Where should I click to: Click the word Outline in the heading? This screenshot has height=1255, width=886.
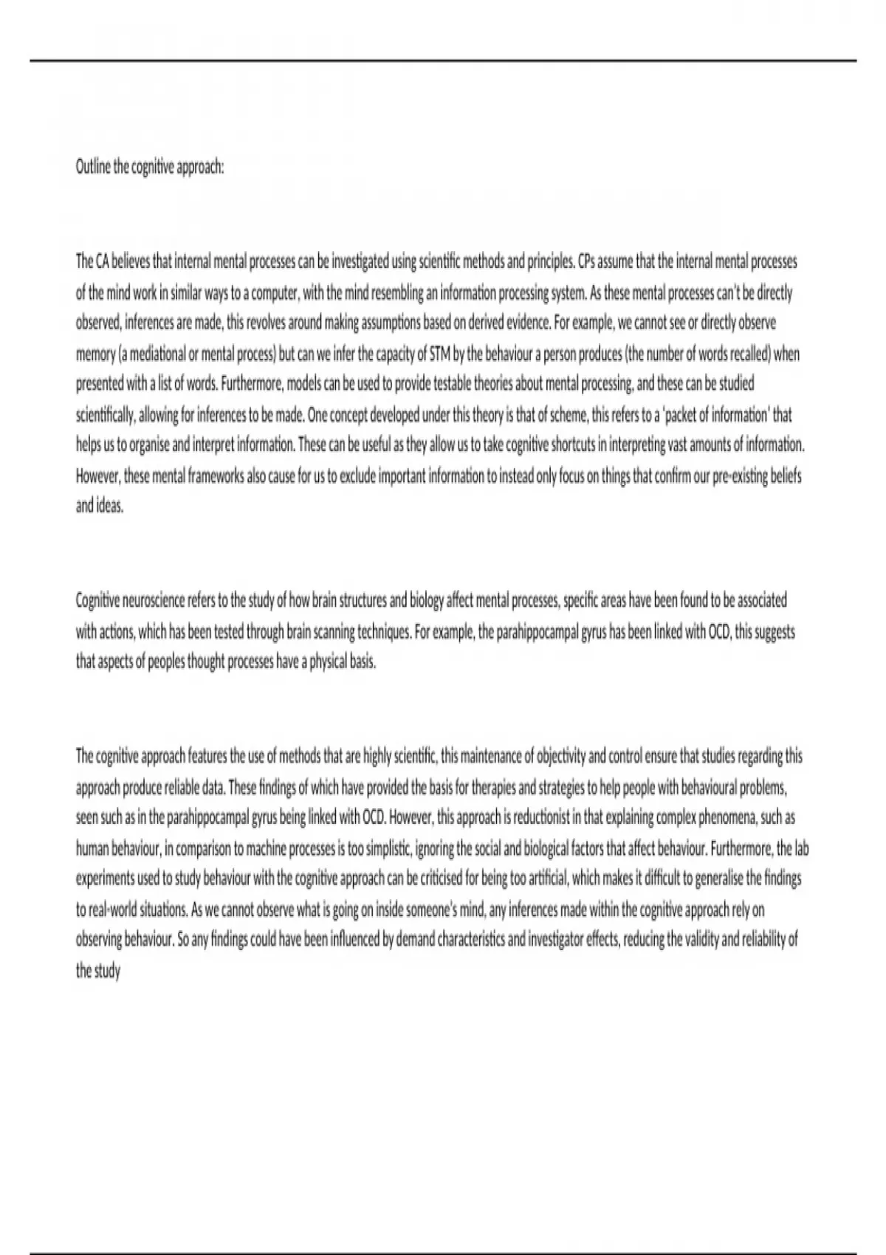92,168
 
